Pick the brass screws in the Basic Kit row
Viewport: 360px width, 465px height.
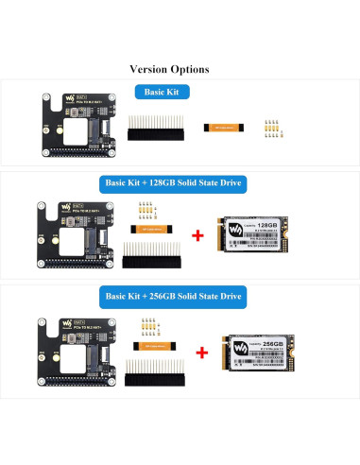pos(272,125)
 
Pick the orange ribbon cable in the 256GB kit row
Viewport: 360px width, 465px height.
pos(148,345)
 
